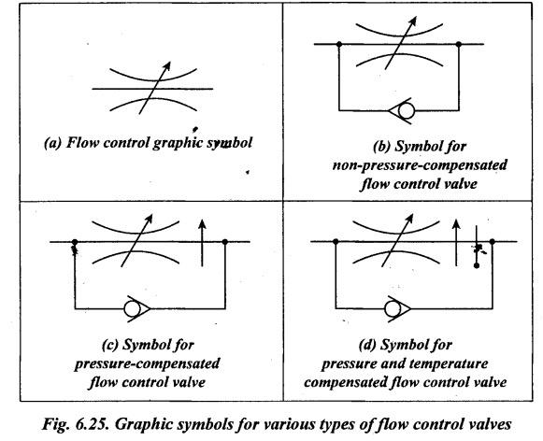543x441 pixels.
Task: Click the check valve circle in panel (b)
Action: click(x=407, y=111)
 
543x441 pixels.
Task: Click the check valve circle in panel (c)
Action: click(x=132, y=308)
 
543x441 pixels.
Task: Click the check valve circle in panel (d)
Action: click(x=393, y=308)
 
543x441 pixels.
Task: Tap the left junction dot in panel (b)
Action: click(x=339, y=44)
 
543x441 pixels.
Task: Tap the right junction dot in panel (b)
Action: click(x=459, y=44)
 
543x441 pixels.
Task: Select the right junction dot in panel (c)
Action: click(x=225, y=242)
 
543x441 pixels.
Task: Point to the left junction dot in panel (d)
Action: click(x=336, y=241)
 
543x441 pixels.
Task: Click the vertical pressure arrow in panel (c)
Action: click(x=202, y=243)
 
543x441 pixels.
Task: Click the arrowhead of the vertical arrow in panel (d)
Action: click(x=457, y=223)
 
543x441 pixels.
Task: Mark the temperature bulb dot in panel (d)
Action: click(x=477, y=265)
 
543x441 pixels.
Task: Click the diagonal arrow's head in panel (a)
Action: click(x=167, y=65)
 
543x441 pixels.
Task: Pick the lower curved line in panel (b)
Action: click(x=399, y=58)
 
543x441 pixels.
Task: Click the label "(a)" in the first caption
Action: click(x=52, y=143)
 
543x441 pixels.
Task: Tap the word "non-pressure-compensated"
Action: click(x=420, y=165)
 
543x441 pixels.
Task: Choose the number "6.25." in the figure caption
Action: click(x=92, y=424)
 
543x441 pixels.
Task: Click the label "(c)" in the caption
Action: click(x=110, y=345)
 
